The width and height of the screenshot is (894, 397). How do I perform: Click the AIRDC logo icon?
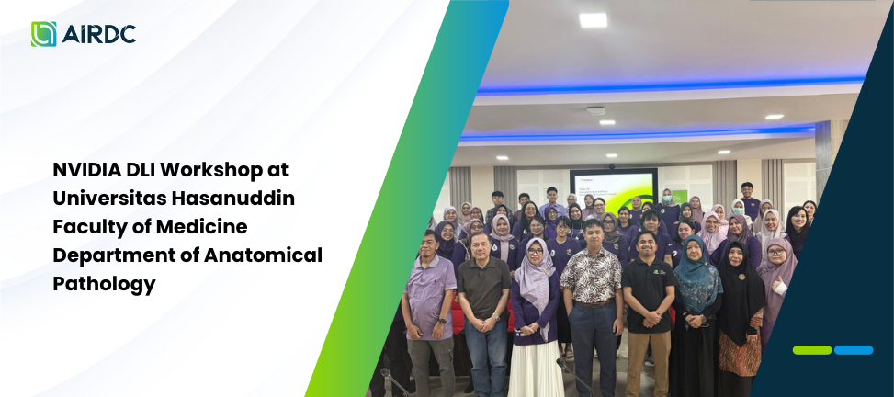[44, 34]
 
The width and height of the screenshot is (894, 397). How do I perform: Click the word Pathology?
[105, 285]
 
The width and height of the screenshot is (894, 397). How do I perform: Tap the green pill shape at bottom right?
[812, 350]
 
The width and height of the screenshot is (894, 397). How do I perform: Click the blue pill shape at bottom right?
[854, 350]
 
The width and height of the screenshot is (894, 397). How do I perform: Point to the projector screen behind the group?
[614, 189]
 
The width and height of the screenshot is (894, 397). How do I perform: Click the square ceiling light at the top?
[593, 20]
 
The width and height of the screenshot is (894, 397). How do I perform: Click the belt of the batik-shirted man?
[594, 303]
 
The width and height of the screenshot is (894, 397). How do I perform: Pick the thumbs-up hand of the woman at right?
[777, 284]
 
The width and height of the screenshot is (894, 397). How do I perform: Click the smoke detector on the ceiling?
[595, 110]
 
